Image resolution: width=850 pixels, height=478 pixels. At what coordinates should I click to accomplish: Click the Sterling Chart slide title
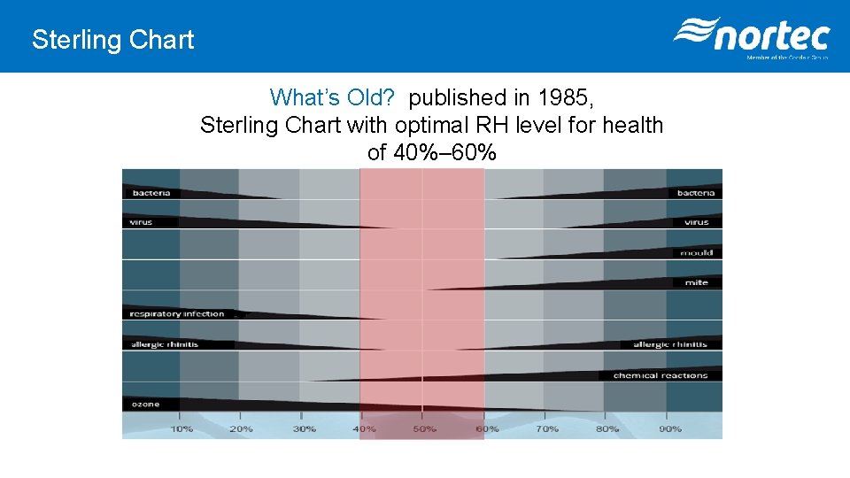tap(112, 40)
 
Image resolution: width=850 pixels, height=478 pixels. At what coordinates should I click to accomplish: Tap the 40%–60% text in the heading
tap(431, 153)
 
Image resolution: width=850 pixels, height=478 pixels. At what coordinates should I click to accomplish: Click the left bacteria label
tap(151, 193)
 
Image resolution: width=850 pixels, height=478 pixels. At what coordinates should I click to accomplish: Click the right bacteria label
tap(695, 193)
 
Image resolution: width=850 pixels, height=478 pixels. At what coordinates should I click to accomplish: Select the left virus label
tap(142, 222)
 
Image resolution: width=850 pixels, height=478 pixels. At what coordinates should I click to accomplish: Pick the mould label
tap(696, 253)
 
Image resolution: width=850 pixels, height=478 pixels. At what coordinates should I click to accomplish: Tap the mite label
tap(696, 283)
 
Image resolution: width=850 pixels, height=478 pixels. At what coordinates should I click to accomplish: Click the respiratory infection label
tap(177, 313)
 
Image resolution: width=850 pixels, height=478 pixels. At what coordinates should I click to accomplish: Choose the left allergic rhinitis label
tap(165, 344)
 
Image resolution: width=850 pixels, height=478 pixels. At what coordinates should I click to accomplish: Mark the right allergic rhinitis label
tap(669, 344)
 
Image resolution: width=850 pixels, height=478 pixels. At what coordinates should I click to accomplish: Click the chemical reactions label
tap(660, 375)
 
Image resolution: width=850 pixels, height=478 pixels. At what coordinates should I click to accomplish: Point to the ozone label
tap(146, 405)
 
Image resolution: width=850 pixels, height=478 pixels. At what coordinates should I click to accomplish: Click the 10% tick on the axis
tap(182, 429)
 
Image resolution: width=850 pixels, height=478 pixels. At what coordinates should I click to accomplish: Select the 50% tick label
tap(424, 429)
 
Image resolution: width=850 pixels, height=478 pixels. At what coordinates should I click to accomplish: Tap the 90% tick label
tap(669, 429)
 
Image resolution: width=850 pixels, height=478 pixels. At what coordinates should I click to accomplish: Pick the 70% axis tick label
tap(546, 429)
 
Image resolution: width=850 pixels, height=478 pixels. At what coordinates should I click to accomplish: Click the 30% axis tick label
tap(304, 429)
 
